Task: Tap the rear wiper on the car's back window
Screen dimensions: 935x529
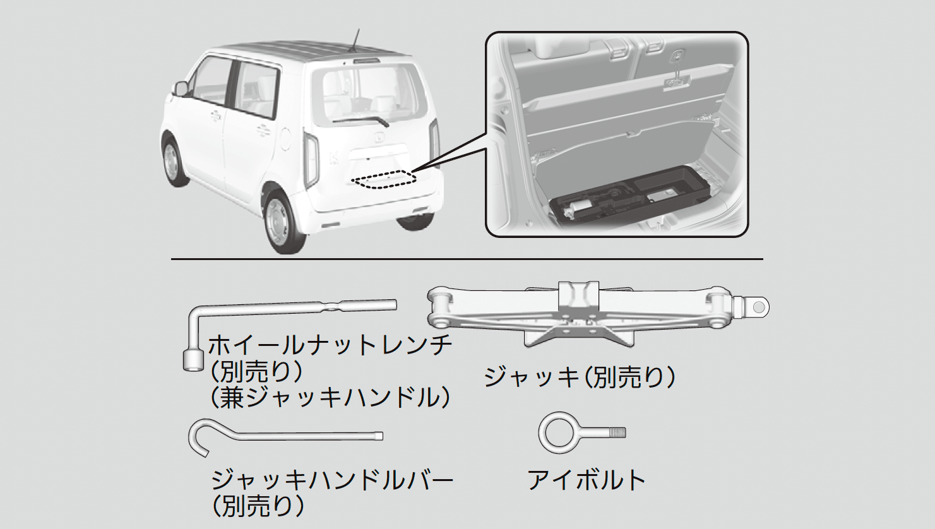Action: pyautogui.click(x=360, y=121)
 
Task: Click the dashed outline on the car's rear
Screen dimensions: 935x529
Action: pyautogui.click(x=384, y=180)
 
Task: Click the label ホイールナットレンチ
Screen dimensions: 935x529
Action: pyautogui.click(x=330, y=345)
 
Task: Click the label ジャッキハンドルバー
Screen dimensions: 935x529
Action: pyautogui.click(x=332, y=480)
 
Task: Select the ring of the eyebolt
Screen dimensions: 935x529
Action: pyautogui.click(x=559, y=433)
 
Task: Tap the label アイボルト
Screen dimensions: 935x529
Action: pyautogui.click(x=586, y=480)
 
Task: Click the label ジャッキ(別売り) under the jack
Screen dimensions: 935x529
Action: pyautogui.click(x=580, y=377)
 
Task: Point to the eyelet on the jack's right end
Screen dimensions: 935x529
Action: pyautogui.click(x=759, y=307)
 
